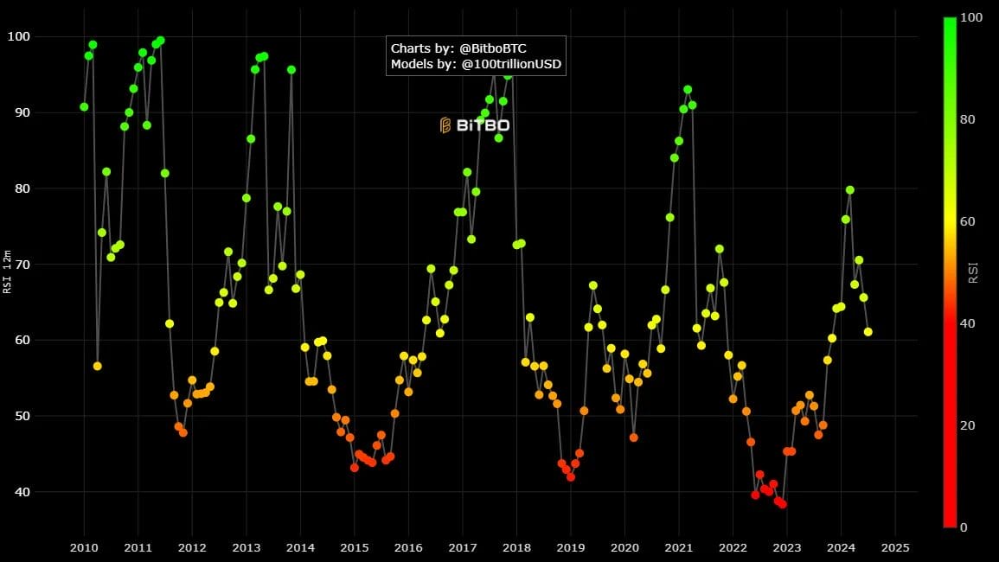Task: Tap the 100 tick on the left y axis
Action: tap(42, 36)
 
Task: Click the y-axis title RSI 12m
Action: tap(8, 271)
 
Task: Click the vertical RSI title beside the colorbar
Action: tap(973, 271)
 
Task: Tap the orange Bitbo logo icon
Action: tap(445, 125)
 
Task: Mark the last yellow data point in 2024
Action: tap(868, 331)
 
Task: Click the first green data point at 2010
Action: tap(84, 107)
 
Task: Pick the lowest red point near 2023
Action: tap(782, 504)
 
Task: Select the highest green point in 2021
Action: tap(688, 89)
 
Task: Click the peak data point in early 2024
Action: tap(849, 189)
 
